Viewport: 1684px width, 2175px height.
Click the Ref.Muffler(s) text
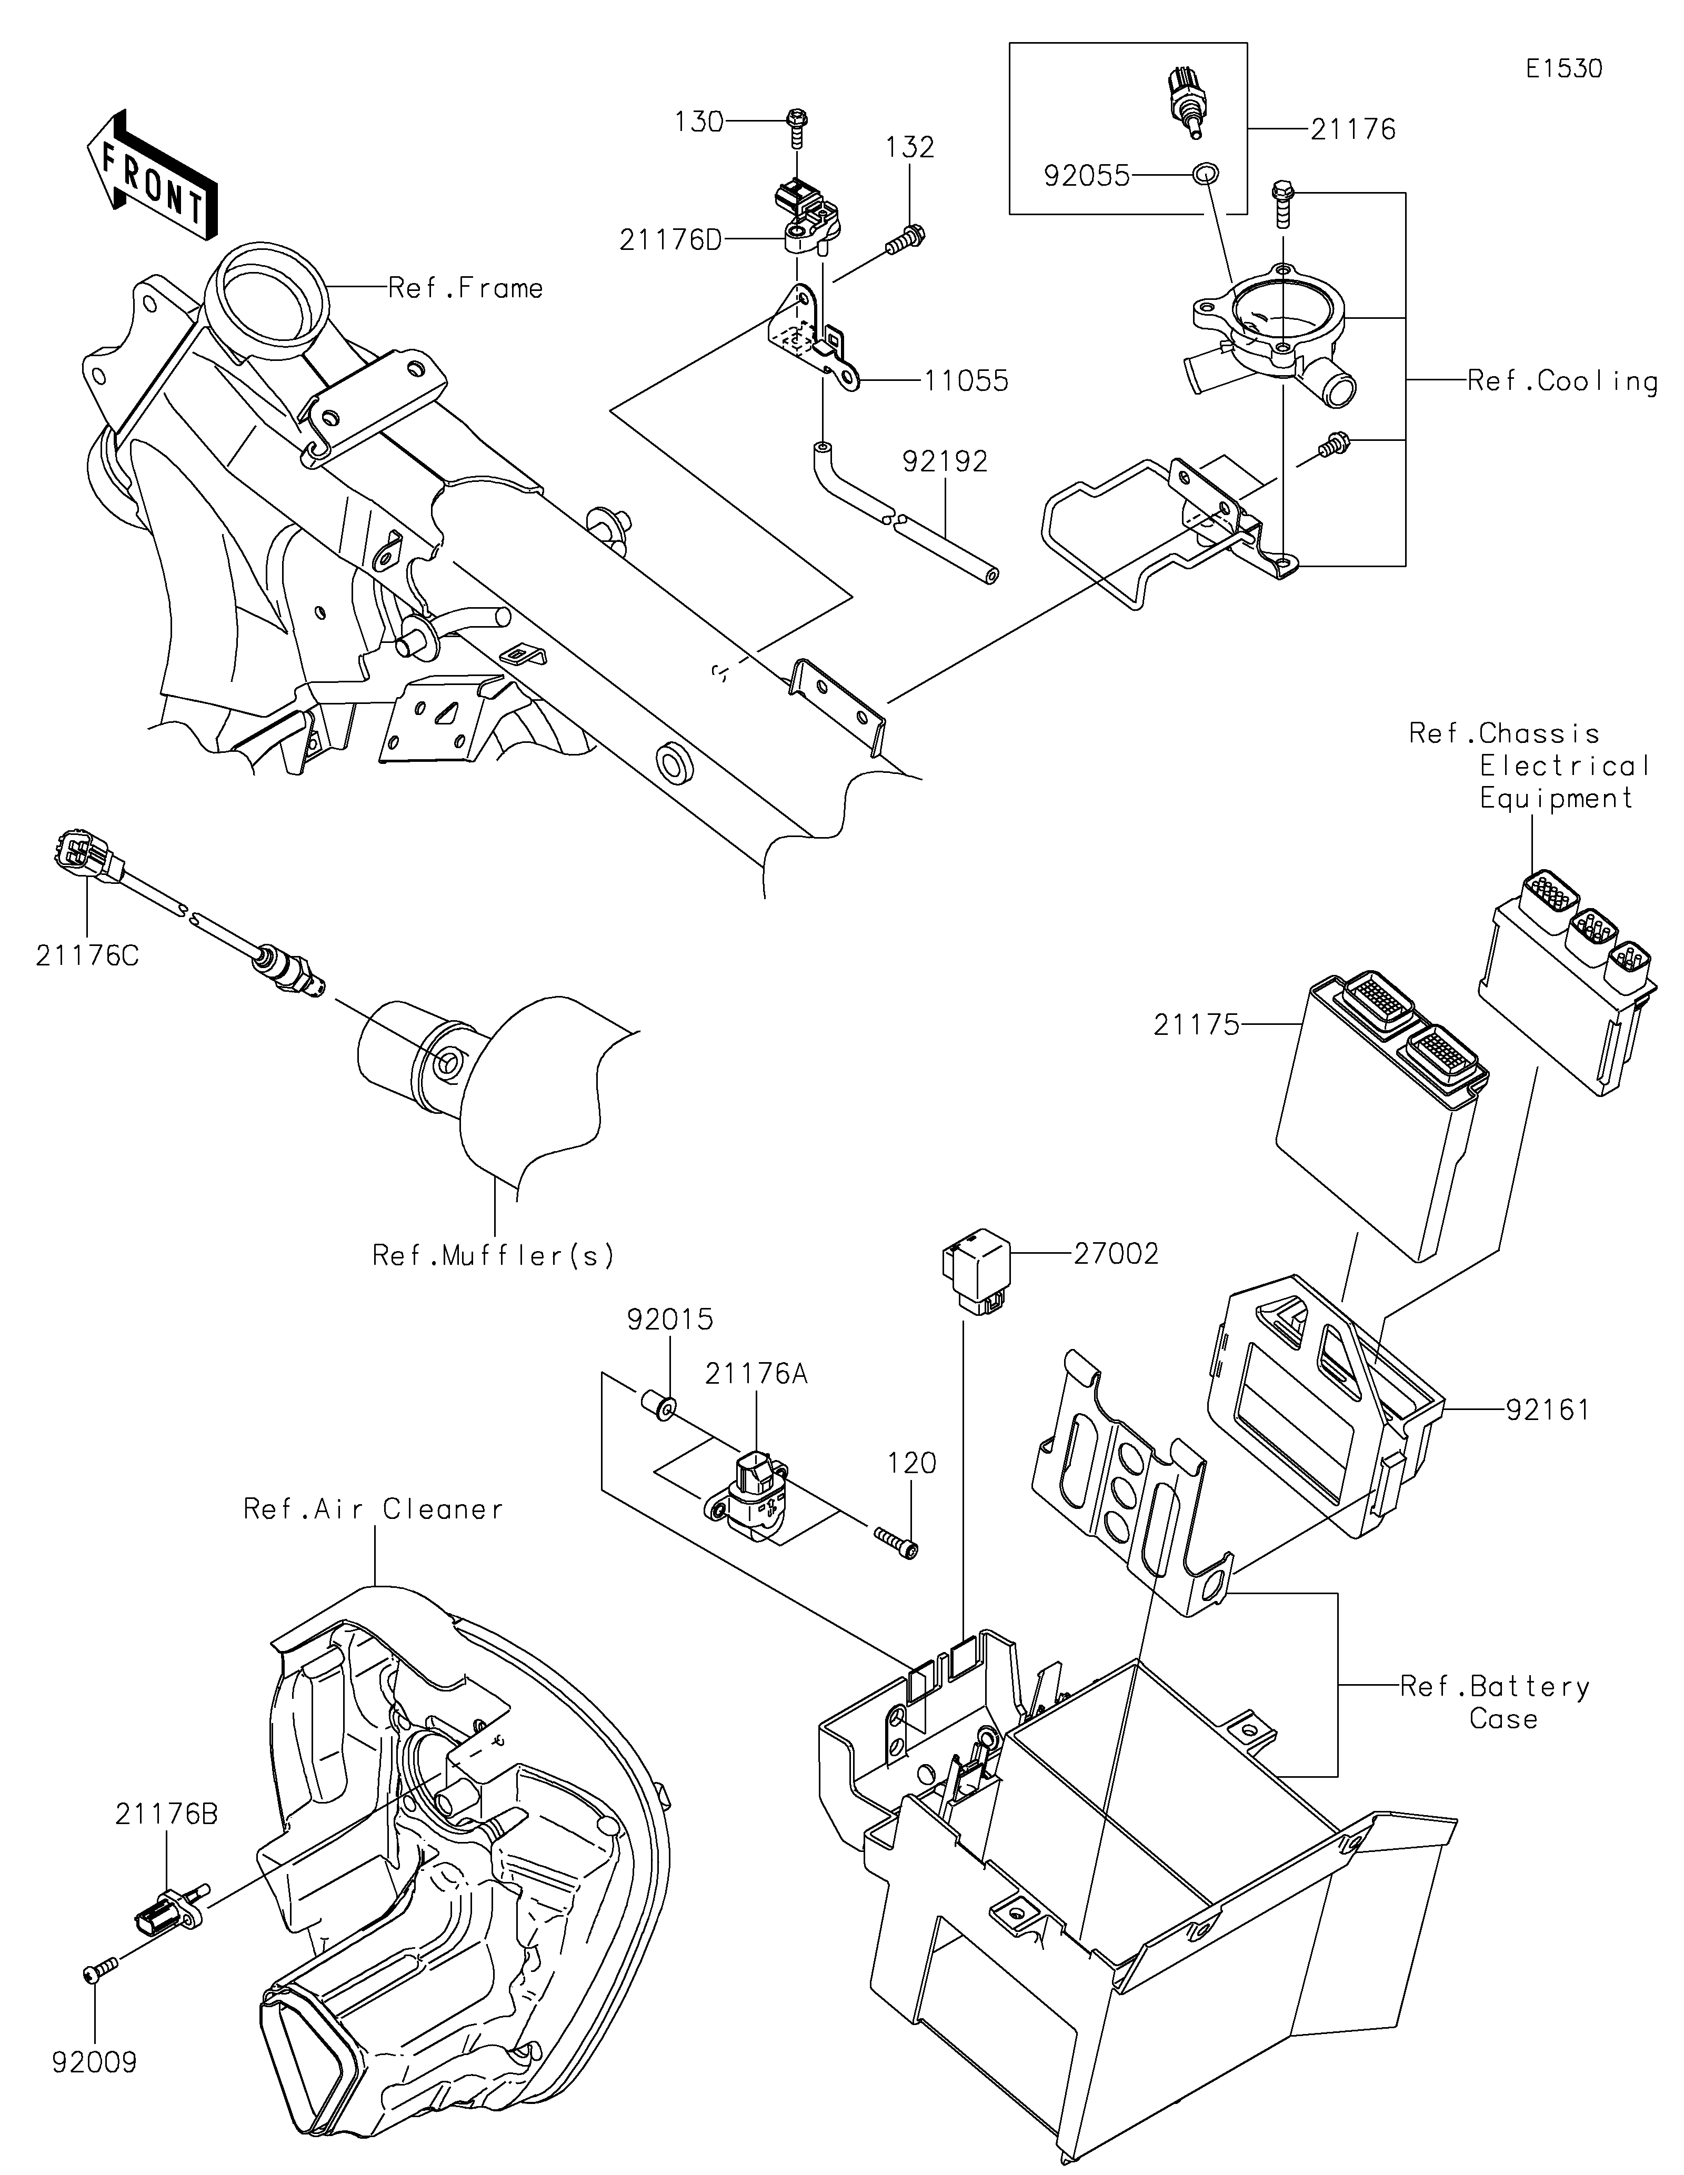pos(493,1256)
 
